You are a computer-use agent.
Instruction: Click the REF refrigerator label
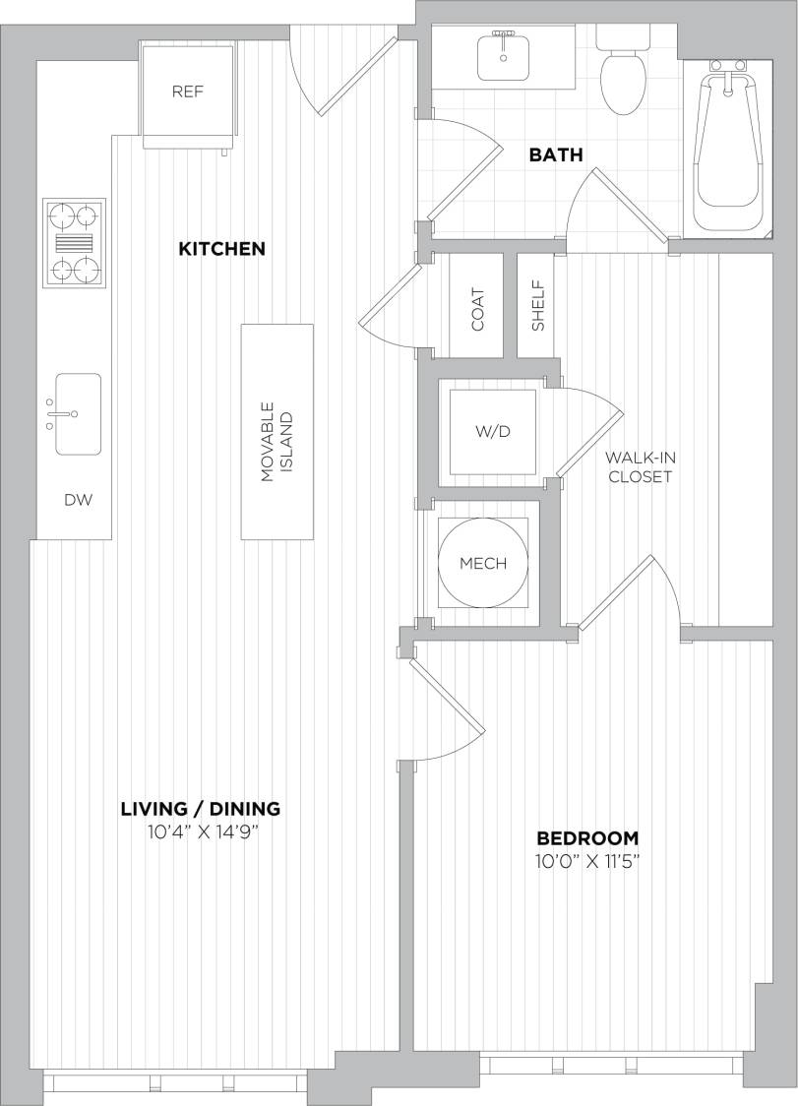(187, 92)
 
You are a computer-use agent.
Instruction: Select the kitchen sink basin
(78, 413)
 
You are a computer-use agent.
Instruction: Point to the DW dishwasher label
(78, 500)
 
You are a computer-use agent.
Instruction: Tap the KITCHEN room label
(221, 249)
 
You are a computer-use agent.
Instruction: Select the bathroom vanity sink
(504, 56)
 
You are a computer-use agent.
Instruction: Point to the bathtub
(729, 148)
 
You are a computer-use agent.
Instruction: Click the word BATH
(556, 154)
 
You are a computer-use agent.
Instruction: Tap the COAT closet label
(478, 308)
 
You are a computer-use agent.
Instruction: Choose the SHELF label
(537, 307)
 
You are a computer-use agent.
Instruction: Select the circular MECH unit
(483, 563)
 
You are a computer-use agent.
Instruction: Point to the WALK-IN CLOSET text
(640, 467)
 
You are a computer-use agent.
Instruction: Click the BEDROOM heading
(587, 838)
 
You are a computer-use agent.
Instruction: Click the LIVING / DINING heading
(200, 809)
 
